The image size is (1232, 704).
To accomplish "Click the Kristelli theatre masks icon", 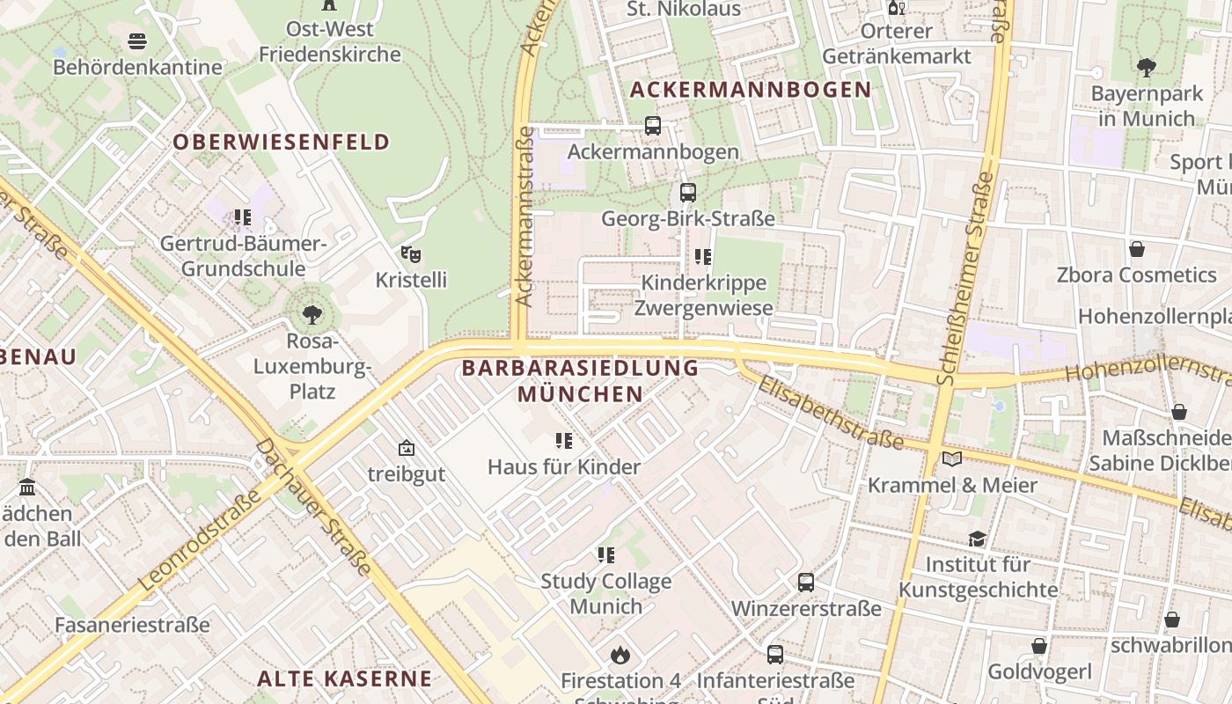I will [410, 254].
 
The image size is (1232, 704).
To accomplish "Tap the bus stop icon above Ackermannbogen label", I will [652, 126].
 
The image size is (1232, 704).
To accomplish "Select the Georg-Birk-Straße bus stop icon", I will [687, 192].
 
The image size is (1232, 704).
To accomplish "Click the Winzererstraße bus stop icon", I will [805, 582].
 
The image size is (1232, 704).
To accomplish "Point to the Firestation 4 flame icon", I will [620, 655].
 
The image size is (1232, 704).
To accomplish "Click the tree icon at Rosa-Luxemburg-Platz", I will [312, 314].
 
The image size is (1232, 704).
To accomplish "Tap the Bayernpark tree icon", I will [1146, 67].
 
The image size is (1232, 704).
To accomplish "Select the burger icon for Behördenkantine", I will [136, 40].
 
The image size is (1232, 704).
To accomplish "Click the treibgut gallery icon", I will [406, 448].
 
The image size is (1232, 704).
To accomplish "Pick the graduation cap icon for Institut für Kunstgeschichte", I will [977, 539].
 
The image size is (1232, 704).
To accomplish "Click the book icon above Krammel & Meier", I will [951, 458].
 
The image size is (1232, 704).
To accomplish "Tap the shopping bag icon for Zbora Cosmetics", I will [1137, 249].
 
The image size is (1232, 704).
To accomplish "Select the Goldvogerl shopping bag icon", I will [1039, 646].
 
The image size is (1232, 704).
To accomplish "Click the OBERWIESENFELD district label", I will [281, 142].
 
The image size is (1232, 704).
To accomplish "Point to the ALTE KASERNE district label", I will [344, 678].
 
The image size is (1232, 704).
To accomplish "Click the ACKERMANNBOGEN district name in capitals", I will [751, 89].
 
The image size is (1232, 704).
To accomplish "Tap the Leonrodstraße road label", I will [200, 539].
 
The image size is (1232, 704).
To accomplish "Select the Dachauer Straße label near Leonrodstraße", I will [313, 508].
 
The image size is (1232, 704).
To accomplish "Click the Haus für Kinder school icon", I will [563, 440].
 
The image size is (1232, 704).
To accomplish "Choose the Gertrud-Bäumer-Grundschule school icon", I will [243, 216].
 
